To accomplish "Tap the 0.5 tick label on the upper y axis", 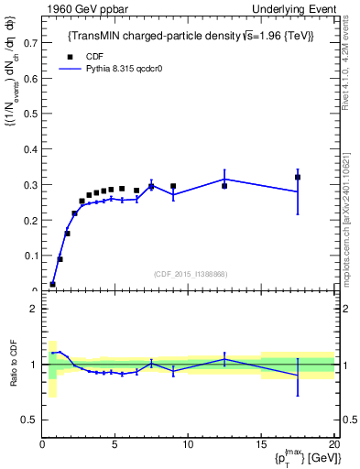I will [29, 114].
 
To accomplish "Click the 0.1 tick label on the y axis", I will [29, 256].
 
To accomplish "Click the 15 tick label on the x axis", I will [260, 443].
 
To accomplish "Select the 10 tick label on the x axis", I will [188, 443].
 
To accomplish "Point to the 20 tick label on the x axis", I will [333, 443].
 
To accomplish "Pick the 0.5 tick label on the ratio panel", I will [29, 420].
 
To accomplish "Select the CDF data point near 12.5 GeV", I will [224, 186].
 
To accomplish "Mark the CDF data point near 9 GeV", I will [173, 186].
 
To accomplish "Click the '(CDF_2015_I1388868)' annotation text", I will [190, 274].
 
